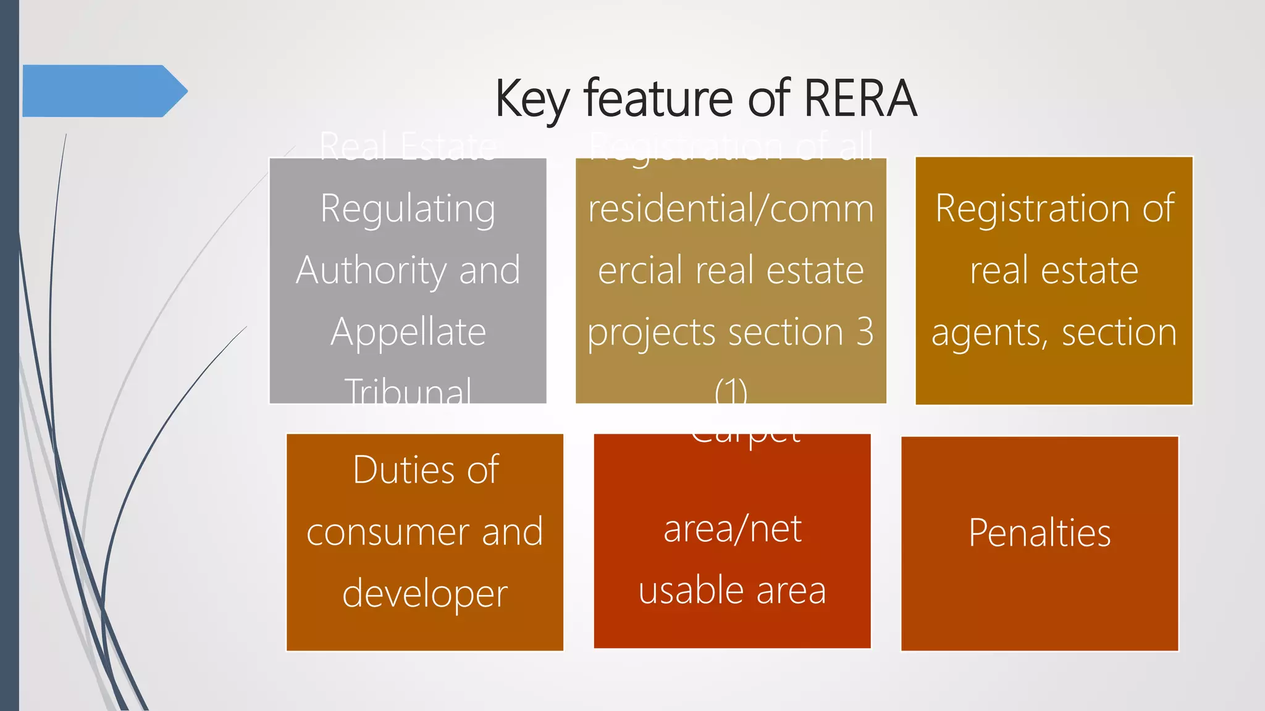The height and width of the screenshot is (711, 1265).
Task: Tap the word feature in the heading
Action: point(660,99)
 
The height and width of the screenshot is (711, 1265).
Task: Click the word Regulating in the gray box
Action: point(408,209)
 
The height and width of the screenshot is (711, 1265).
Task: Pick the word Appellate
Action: point(408,333)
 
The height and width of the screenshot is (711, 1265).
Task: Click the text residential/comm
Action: point(731,209)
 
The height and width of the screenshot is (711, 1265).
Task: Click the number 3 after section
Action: point(865,332)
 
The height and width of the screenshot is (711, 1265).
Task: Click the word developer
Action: point(425,594)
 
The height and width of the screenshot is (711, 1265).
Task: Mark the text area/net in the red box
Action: point(732,530)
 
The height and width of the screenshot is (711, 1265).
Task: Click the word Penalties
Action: point(1040,533)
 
